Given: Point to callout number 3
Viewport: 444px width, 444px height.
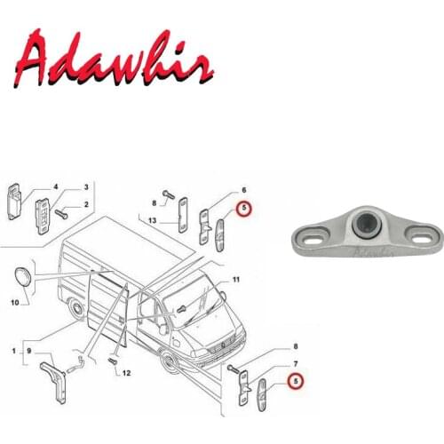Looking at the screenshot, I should [86, 187].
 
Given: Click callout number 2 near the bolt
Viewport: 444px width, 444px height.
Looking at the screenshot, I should [86, 205].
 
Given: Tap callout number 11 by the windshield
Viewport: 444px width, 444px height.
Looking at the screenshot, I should [235, 281].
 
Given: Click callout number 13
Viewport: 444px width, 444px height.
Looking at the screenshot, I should [154, 220].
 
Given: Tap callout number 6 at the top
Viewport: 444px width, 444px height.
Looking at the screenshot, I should [243, 191].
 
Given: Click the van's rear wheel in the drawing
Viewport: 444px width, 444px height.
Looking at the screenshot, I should [80, 311].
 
